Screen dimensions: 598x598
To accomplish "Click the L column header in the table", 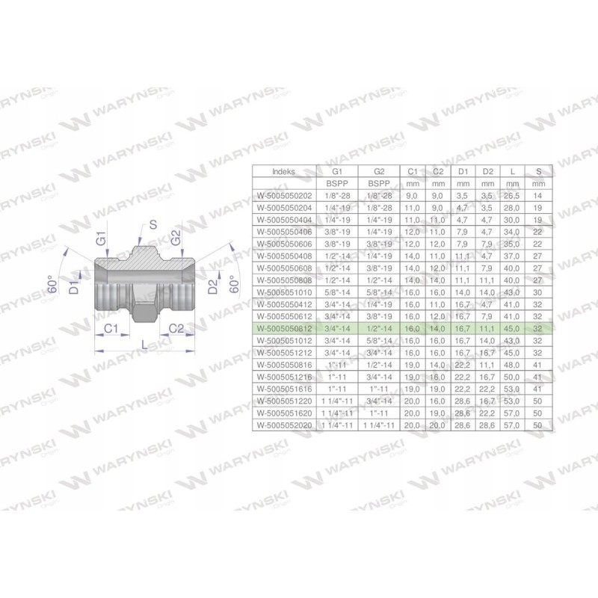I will (x=513, y=171).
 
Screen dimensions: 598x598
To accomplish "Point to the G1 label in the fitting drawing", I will (x=102, y=241).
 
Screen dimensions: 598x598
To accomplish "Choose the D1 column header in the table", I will (x=462, y=171).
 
